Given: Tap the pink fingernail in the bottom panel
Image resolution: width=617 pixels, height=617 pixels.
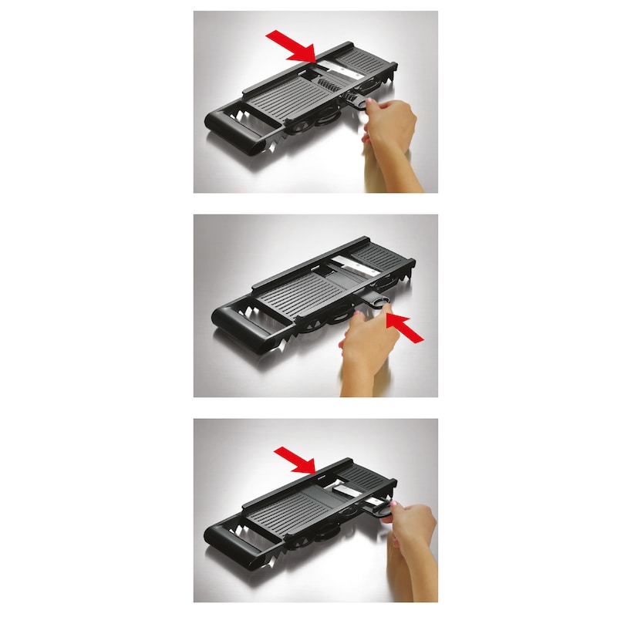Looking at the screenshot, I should (x=393, y=504).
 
